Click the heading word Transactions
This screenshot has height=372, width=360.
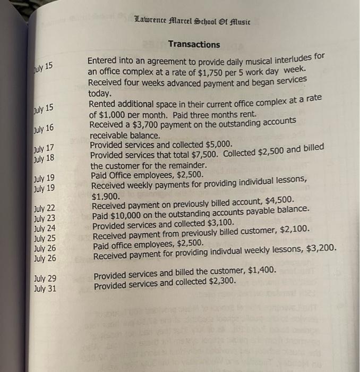[x=194, y=45]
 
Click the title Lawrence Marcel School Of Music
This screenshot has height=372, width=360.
[x=193, y=22]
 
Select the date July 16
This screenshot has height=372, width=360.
[x=44, y=128]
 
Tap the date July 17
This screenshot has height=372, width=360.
[x=44, y=148]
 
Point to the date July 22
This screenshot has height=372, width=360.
[x=45, y=208]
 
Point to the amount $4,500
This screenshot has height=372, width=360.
[x=276, y=199]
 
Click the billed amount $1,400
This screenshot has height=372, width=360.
[x=260, y=271]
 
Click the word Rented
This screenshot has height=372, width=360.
[x=104, y=105]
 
